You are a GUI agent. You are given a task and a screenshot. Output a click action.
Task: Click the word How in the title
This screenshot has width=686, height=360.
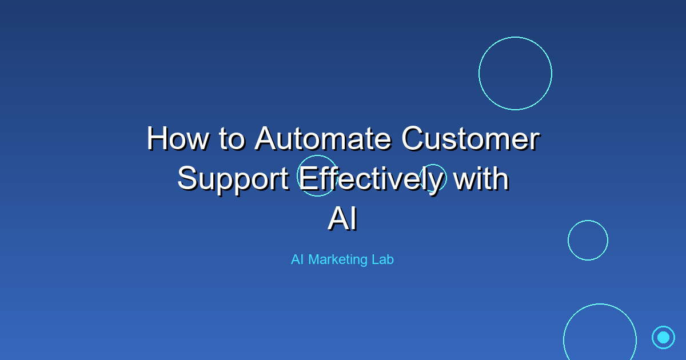[178, 138]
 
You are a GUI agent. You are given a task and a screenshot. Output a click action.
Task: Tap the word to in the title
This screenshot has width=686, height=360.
[232, 139]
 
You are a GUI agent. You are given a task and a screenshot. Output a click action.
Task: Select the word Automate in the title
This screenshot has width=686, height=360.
[323, 138]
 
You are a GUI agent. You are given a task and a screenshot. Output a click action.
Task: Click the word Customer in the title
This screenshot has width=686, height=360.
[470, 138]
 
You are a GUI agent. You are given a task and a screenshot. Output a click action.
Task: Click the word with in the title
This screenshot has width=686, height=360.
[481, 178]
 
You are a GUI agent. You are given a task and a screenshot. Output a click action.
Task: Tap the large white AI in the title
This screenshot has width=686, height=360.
[342, 218]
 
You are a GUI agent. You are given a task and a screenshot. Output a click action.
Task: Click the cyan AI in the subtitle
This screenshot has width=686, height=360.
[297, 259]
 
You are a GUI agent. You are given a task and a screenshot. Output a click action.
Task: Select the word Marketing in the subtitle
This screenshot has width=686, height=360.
[338, 260]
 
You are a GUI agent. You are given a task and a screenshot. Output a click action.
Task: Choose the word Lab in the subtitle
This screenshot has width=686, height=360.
[382, 259]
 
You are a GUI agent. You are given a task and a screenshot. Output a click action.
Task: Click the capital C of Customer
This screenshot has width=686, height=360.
[414, 138]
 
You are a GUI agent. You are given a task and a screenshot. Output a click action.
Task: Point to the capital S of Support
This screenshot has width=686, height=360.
[188, 178]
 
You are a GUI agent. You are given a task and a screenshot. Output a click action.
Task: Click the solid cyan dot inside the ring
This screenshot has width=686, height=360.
[663, 337]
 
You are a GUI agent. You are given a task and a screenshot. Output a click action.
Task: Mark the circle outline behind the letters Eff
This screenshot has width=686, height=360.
[297, 176]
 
